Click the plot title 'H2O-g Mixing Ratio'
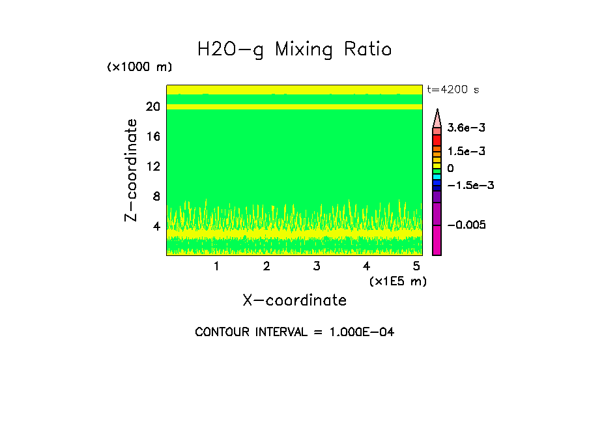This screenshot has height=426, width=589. [x=294, y=50]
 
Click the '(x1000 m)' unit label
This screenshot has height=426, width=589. [x=139, y=68]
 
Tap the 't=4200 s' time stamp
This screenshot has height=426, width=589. [x=452, y=90]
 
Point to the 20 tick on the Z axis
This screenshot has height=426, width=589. [x=152, y=107]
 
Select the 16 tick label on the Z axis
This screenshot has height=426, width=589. [x=152, y=137]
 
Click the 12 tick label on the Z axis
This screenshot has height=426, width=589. [x=152, y=167]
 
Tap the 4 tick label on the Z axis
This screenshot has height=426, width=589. [x=156, y=227]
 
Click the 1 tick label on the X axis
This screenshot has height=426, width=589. [x=216, y=266]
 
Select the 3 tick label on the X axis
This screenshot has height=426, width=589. [x=317, y=266]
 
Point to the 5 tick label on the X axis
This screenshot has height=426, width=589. [x=416, y=266]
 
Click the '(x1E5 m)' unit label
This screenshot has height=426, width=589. [x=397, y=281]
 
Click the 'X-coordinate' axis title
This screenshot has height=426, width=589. [x=294, y=300]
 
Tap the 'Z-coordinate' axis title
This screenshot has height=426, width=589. [x=132, y=169]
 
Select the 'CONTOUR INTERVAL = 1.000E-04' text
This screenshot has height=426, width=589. [x=294, y=332]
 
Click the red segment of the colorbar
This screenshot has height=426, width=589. [x=437, y=140]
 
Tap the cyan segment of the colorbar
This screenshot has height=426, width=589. [x=437, y=177]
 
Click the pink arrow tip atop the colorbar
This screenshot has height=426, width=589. [x=437, y=117]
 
